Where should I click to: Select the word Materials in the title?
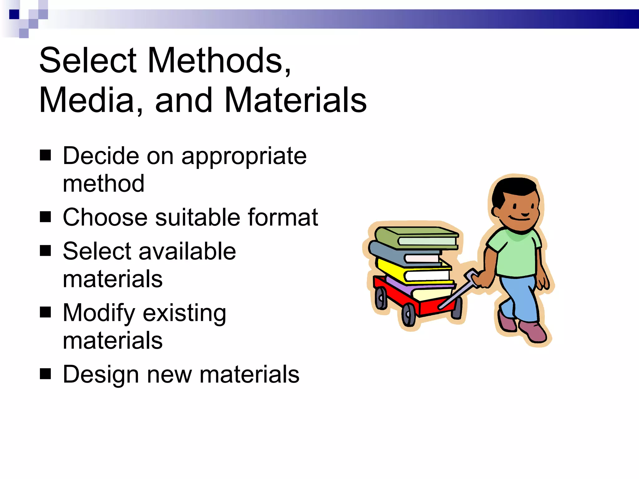pos(295,100)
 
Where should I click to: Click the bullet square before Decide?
pos(46,155)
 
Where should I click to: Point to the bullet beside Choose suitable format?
pos(46,217)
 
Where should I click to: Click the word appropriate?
pos(244,157)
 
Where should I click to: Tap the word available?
pos(187,251)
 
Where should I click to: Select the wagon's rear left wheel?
pos(381,298)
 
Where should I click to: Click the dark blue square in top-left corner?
pos(14,14)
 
